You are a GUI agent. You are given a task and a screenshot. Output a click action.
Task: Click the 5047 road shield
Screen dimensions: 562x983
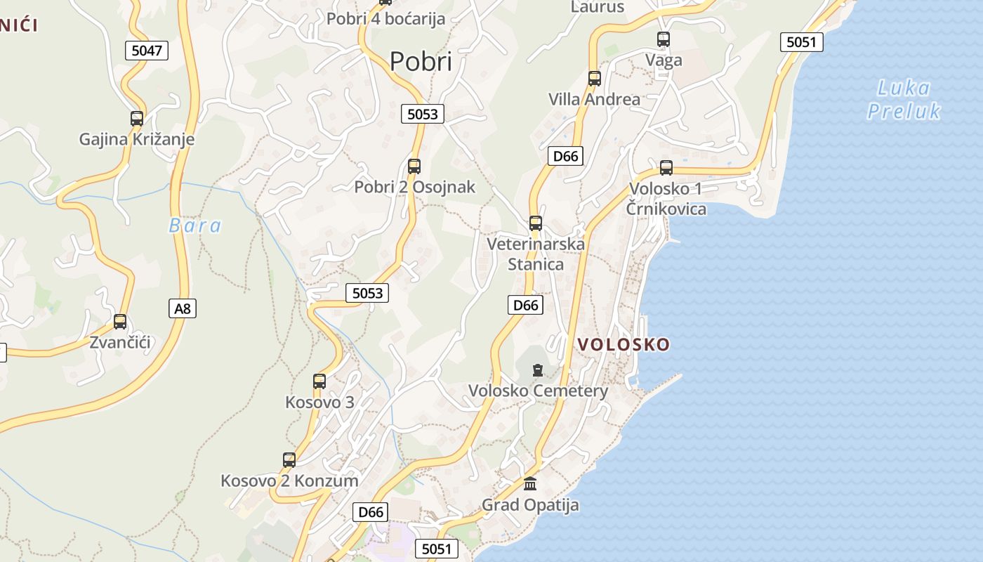pos(147,50)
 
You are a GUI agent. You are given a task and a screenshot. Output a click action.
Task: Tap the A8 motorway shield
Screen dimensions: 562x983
pos(183,308)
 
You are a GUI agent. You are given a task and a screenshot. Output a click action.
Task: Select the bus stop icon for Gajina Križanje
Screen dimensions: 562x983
pos(137,119)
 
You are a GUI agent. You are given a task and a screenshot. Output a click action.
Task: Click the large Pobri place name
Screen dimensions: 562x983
pos(421,62)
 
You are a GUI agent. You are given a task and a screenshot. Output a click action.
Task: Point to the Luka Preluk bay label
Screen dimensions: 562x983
pos(904,99)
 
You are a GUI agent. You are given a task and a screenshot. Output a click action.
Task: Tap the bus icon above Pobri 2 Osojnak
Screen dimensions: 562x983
pos(414,166)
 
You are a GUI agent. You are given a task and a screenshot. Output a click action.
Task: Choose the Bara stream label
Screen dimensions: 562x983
pos(195,226)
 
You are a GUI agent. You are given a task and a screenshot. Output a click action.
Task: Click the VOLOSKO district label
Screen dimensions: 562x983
pos(624,344)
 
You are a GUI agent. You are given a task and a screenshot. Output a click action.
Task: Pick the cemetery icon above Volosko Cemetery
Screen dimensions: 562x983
pos(538,370)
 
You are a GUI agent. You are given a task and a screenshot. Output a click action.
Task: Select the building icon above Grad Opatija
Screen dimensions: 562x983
pos(530,484)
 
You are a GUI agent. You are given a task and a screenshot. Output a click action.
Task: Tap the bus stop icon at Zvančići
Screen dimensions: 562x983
pos(120,322)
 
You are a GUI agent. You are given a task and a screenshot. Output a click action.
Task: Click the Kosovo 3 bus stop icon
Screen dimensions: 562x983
pos(319,381)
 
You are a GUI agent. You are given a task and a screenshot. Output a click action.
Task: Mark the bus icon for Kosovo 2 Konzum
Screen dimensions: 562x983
pos(289,460)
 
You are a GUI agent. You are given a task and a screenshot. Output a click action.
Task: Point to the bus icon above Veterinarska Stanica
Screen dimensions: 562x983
pos(536,223)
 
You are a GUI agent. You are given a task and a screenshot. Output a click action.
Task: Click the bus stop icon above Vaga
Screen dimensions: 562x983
pos(664,39)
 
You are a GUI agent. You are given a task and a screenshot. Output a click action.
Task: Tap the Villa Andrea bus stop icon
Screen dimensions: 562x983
pos(595,79)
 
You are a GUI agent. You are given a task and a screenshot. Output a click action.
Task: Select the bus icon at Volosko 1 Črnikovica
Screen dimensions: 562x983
pos(666,168)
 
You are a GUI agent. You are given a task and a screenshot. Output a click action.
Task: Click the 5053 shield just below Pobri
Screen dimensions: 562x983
pos(423,114)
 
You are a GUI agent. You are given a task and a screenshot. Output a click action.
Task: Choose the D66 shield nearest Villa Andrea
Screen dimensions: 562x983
pos(565,155)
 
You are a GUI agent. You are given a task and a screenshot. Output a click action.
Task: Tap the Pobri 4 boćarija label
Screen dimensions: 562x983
pos(385,18)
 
